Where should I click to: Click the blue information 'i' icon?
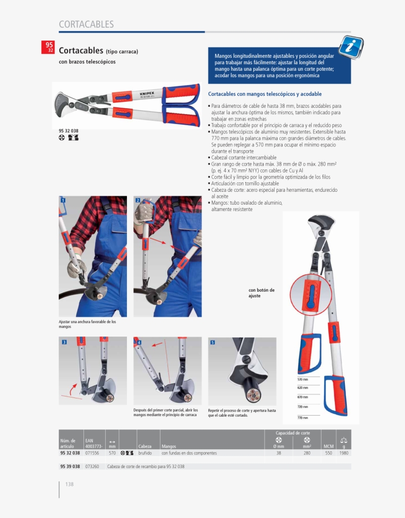click(351, 47)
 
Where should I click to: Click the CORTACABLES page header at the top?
click(86, 24)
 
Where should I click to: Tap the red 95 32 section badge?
click(50, 47)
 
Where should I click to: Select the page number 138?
click(69, 484)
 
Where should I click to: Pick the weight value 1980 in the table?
click(344, 453)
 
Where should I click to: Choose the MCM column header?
click(328, 446)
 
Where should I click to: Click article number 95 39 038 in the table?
click(70, 467)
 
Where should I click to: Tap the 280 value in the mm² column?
click(307, 453)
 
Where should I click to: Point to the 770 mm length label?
click(303, 418)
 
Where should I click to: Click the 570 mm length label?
click(303, 379)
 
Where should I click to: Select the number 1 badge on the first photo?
click(63, 200)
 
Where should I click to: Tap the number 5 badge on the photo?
click(212, 342)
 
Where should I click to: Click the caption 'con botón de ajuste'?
click(261, 293)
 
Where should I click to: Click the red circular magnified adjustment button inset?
click(310, 295)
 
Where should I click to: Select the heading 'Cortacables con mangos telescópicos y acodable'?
click(265, 94)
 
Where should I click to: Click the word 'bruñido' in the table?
click(145, 453)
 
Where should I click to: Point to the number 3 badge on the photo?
click(64, 342)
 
